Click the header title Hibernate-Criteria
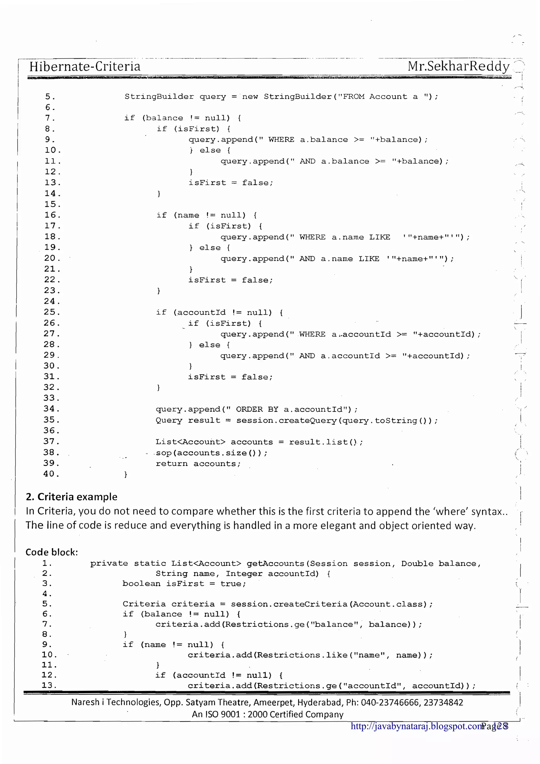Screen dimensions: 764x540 [85, 66]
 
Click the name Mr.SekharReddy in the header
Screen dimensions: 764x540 [459, 66]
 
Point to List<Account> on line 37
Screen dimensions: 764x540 [190, 442]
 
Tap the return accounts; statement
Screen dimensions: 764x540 [198, 463]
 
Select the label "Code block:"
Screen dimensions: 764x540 [52, 552]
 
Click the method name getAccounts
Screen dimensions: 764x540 [276, 563]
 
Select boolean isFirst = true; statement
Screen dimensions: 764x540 [184, 584]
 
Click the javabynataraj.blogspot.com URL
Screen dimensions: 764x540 [417, 726]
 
